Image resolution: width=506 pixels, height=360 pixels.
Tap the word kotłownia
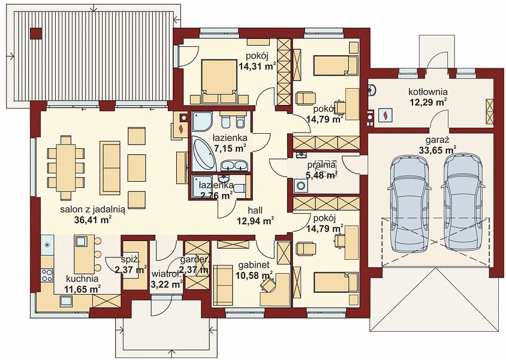428,92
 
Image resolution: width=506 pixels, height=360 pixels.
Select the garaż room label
438,140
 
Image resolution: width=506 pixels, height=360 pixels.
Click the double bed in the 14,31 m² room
219,81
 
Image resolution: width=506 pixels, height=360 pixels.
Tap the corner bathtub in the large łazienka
203,154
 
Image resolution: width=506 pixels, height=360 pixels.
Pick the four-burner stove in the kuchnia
47,275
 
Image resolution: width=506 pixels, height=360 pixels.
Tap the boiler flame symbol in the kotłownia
385,115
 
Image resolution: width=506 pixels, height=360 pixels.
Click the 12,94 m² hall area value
255,221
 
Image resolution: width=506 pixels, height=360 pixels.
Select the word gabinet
254,265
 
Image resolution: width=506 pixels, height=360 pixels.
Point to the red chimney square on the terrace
36,34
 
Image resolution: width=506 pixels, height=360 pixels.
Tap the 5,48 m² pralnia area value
321,175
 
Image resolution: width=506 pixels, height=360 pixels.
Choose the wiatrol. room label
165,275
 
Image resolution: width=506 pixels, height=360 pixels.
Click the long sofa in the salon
110,167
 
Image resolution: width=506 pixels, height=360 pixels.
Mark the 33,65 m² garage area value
438,150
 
